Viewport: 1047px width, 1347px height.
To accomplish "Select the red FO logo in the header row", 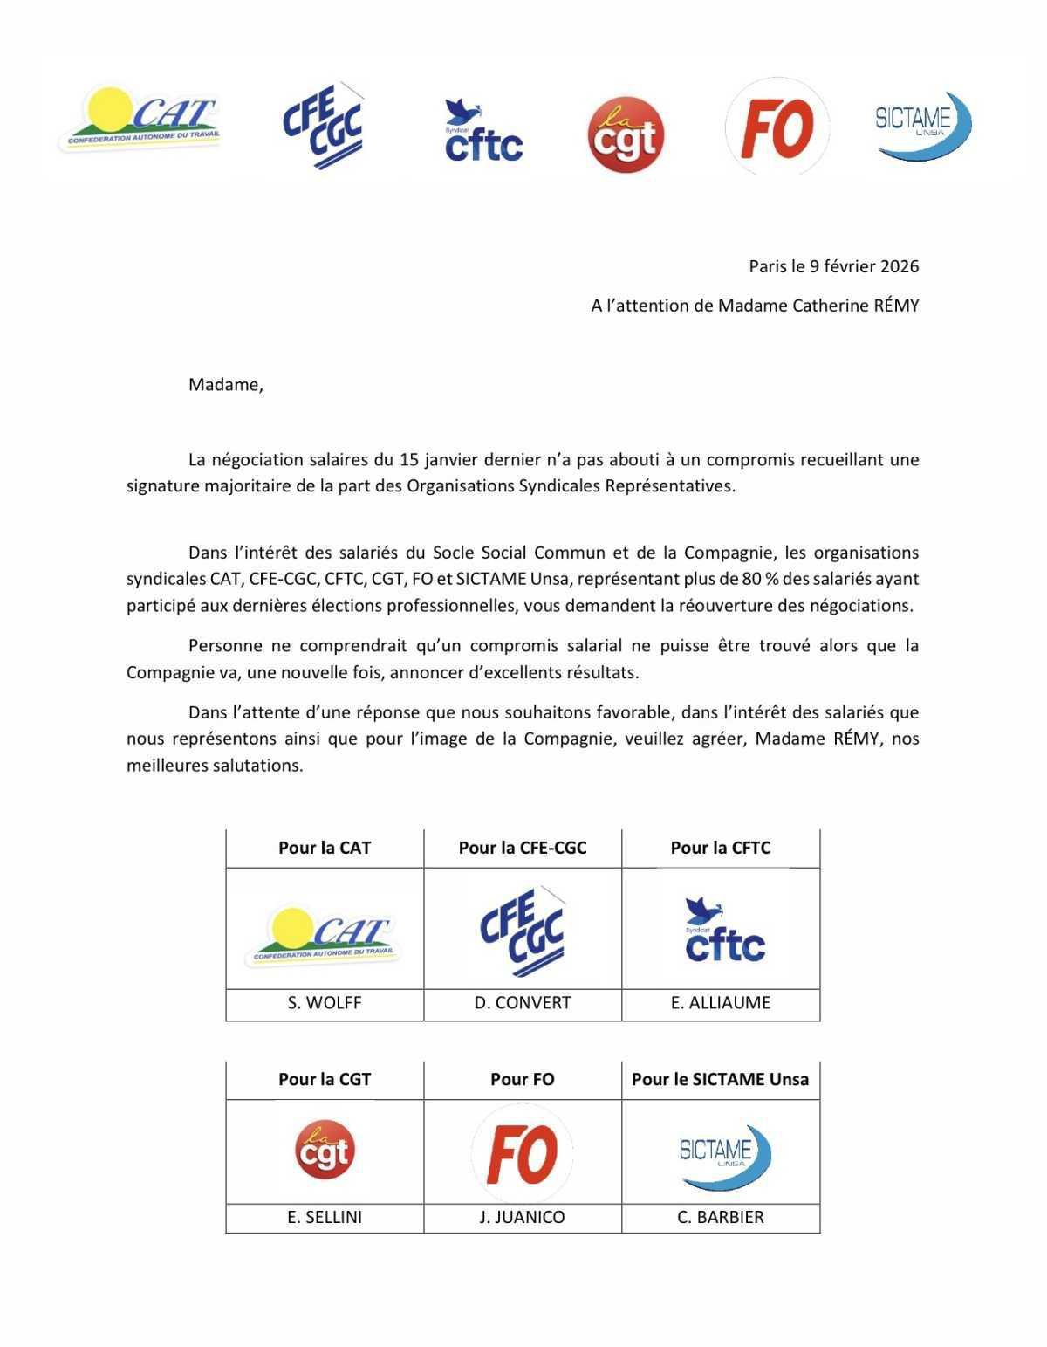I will coord(777,127).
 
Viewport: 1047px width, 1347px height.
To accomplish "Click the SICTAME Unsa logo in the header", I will coord(923,125).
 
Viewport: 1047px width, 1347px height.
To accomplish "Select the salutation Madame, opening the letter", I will coord(225,384).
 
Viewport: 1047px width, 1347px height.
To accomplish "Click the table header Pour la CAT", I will coord(325,848).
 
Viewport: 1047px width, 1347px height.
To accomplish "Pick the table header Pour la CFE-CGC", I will coord(523,848).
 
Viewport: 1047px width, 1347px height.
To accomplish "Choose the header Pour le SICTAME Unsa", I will coord(720,1079).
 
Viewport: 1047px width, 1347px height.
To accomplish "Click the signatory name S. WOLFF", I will coord(325,1003).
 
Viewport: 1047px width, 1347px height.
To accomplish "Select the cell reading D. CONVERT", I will coord(523,1003).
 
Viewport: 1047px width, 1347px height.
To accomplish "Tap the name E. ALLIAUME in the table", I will coord(720,1003).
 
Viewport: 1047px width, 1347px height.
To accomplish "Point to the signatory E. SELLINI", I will coord(325,1217).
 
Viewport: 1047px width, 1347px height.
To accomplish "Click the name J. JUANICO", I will coord(523,1217).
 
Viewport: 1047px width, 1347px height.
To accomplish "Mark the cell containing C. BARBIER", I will coord(720,1217).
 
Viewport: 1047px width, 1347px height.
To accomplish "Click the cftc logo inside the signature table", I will coord(724,930).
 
